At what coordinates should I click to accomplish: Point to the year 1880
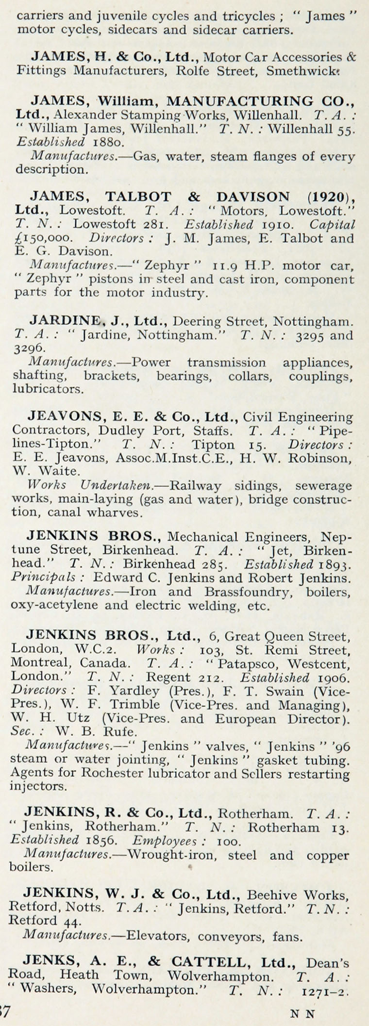click(x=106, y=143)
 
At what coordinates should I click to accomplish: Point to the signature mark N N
click(x=302, y=1013)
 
